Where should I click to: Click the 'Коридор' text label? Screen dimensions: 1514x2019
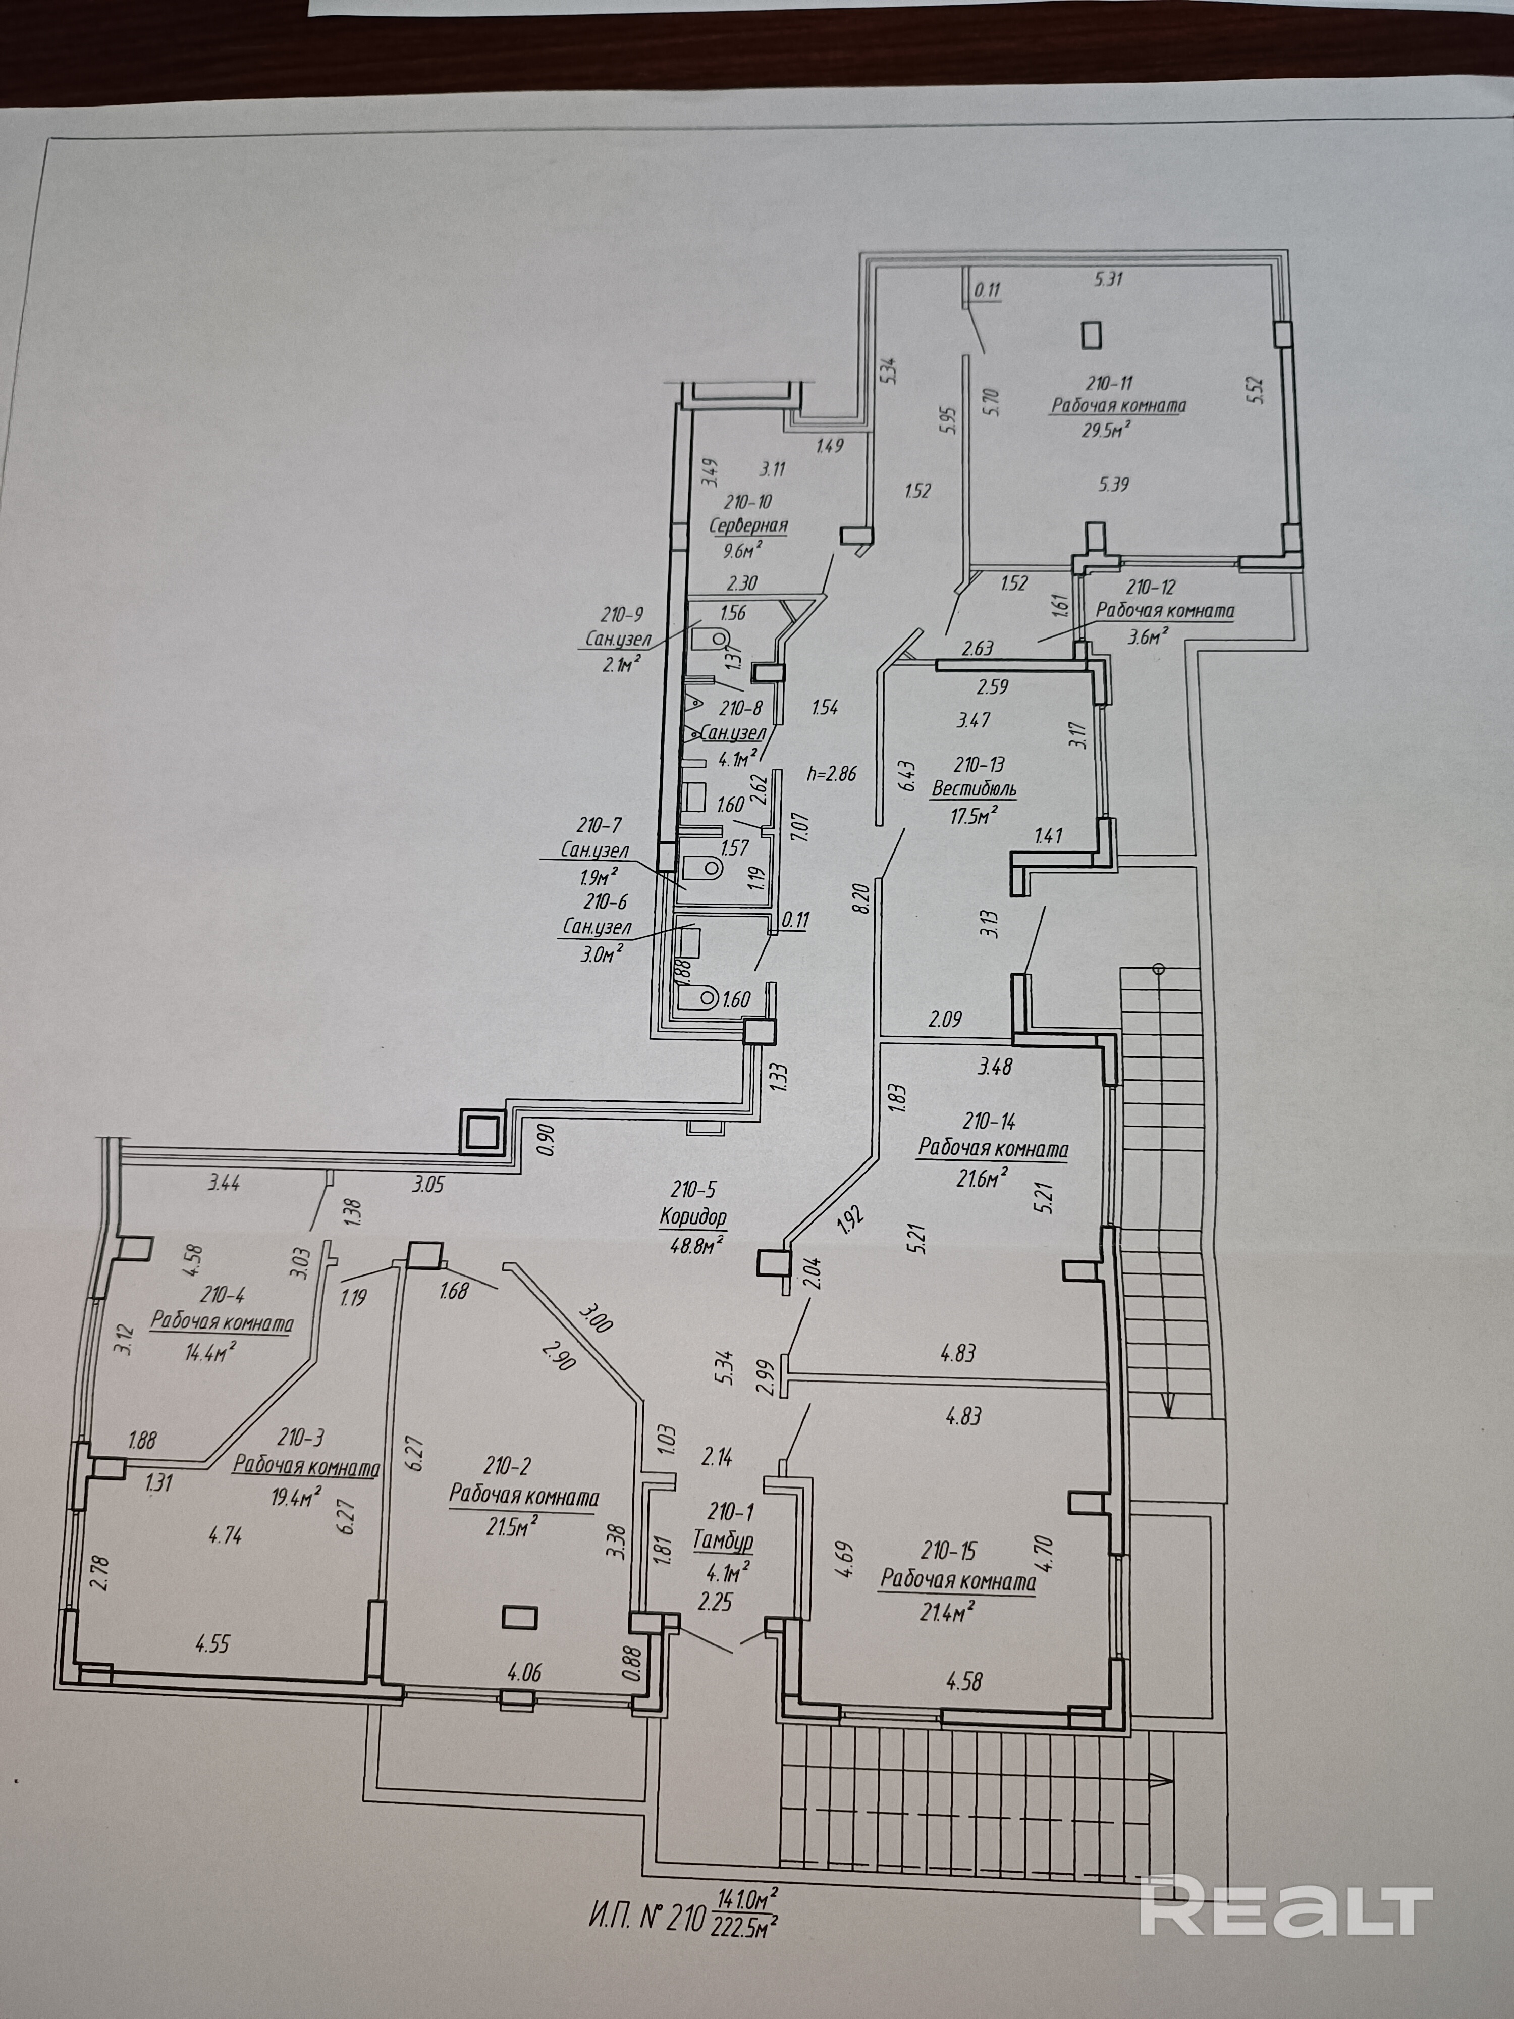click(693, 1216)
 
